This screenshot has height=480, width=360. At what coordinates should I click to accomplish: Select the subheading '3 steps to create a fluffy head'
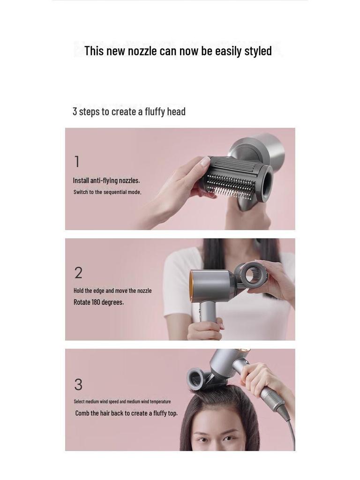click(129, 112)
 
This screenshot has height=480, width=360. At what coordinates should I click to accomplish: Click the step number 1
click(77, 162)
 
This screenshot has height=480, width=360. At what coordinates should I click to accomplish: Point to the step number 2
click(78, 273)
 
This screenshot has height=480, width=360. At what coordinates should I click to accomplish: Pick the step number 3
click(78, 385)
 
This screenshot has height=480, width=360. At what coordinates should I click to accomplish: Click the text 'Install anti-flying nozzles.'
click(106, 180)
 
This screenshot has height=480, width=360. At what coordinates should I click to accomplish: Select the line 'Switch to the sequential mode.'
click(107, 192)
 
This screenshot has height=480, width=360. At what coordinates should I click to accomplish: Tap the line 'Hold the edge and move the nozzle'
click(112, 291)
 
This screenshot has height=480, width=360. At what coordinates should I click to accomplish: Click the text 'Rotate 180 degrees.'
click(99, 302)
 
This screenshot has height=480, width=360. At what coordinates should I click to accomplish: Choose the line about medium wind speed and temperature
click(122, 402)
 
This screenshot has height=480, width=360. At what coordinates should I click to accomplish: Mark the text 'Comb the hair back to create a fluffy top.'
click(126, 413)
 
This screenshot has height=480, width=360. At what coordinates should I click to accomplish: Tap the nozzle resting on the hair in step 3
click(197, 379)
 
